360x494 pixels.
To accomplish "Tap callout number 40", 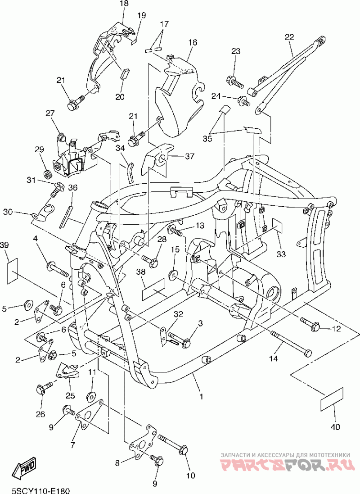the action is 335,427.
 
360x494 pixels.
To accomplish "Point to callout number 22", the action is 289,37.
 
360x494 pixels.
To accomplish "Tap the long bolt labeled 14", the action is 292,342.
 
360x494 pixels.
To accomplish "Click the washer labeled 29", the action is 48,173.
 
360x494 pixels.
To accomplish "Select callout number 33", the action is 281,254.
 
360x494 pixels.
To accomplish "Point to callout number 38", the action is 141,272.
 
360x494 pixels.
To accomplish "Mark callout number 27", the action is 50,113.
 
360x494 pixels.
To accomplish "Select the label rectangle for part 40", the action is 331,399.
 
